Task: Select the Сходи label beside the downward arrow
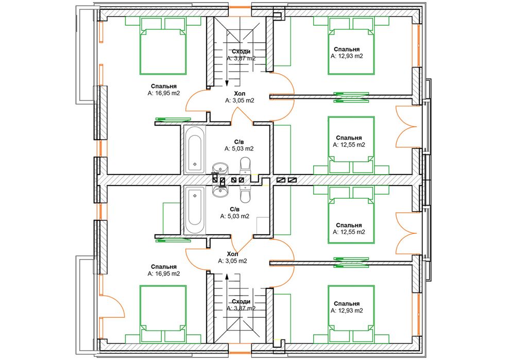tap(241, 52)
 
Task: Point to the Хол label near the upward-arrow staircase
tap(232, 254)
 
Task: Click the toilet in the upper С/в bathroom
tap(245, 165)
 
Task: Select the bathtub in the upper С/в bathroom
tap(195, 149)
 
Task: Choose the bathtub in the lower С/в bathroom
tap(195, 210)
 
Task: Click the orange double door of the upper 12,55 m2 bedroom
tap(406, 127)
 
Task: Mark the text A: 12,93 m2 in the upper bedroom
tap(347, 56)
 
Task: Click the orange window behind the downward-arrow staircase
tap(240, 7)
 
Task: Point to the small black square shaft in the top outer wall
tap(277, 14)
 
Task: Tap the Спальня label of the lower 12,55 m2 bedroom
tap(349, 225)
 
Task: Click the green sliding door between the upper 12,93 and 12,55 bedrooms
tap(351, 97)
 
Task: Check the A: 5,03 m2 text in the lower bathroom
tap(235, 216)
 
